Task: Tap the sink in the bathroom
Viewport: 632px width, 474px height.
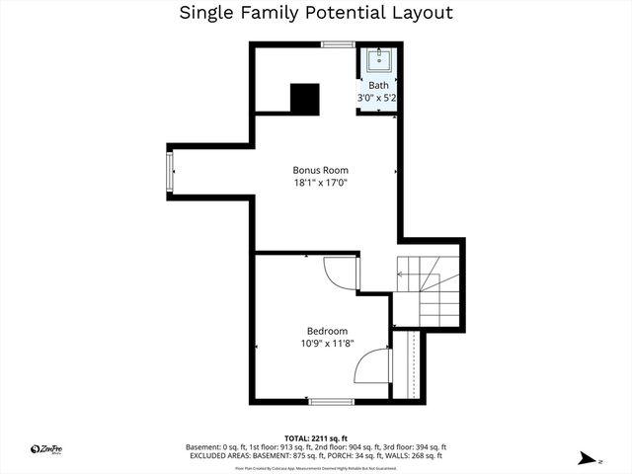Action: (x=379, y=62)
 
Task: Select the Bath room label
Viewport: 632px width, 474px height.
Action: (x=378, y=86)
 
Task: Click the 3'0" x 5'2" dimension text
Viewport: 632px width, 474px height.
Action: (x=377, y=99)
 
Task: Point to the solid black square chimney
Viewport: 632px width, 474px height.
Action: (x=305, y=98)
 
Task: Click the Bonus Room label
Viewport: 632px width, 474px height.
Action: (x=320, y=170)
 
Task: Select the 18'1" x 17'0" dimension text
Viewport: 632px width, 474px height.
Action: (x=320, y=183)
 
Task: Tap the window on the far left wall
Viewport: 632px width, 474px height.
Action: (x=170, y=172)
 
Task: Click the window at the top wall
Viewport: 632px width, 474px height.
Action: (x=338, y=44)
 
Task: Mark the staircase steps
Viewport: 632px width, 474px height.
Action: (x=431, y=292)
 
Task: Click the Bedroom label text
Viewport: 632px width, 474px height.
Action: (x=327, y=331)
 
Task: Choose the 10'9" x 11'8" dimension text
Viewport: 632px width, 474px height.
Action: (x=327, y=344)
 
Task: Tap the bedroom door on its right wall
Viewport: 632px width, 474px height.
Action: (x=374, y=366)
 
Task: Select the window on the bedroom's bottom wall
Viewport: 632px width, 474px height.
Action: (x=332, y=401)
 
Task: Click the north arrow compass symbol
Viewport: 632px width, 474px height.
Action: (x=589, y=457)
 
